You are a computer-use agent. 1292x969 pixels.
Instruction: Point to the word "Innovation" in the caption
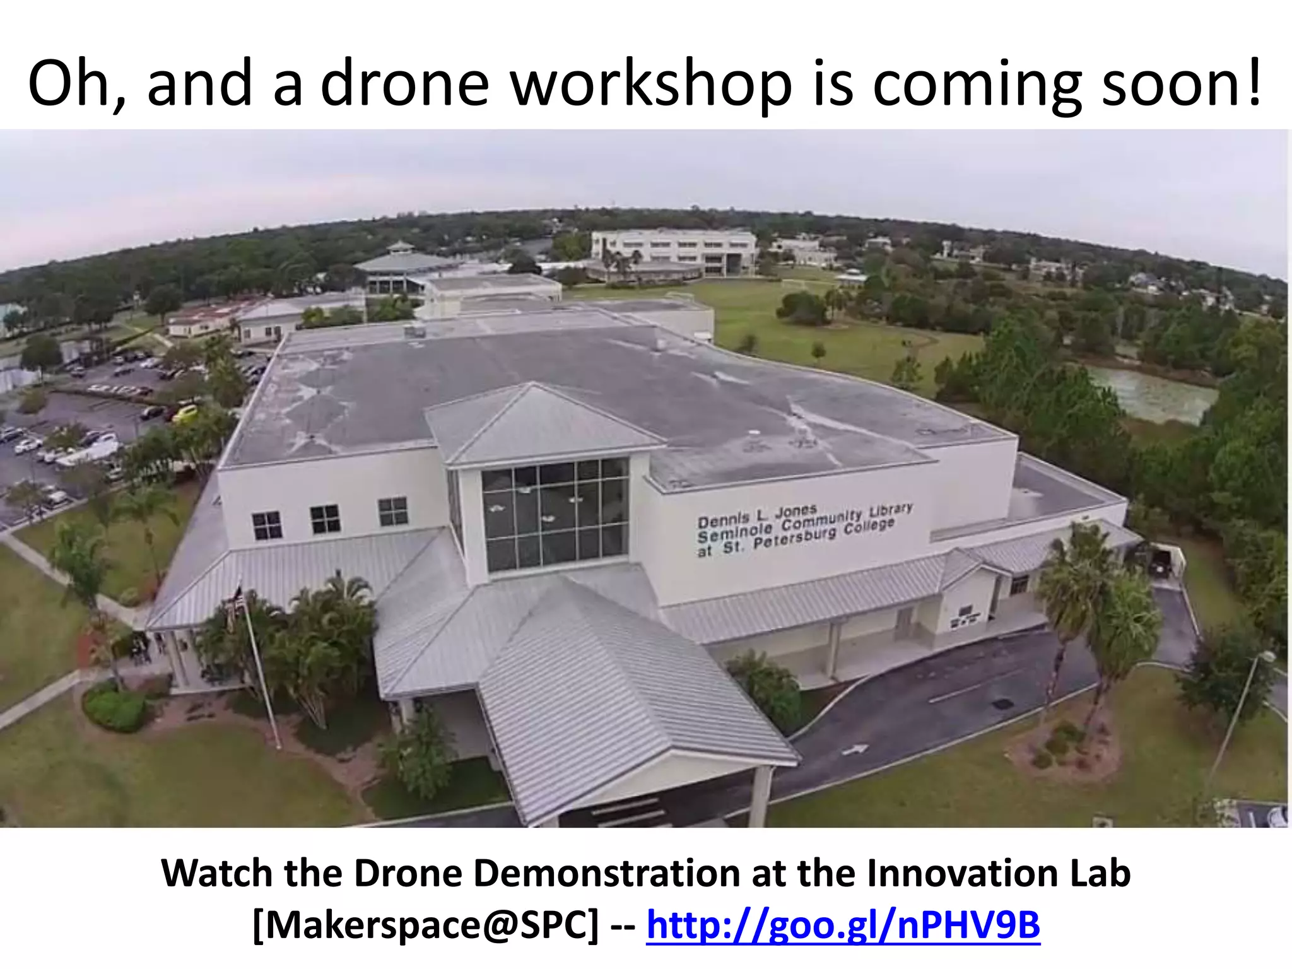pos(953,873)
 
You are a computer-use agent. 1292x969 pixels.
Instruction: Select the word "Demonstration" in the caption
pos(609,873)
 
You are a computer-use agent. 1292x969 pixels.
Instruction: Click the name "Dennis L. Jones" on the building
pos(757,516)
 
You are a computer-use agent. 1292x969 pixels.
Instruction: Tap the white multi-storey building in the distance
pos(674,250)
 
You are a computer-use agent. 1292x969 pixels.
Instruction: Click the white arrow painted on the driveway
pos(856,749)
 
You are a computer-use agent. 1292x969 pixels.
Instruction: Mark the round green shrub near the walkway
pos(115,708)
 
